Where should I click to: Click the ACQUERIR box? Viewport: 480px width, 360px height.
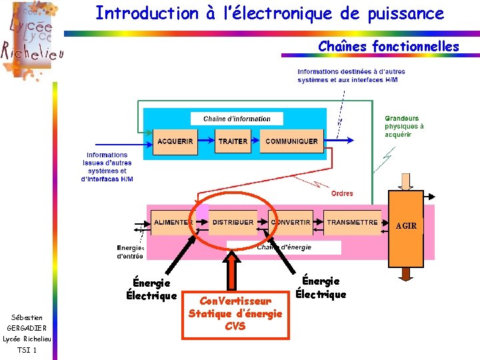[x=175, y=141]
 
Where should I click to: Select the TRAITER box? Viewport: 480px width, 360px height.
[x=233, y=141]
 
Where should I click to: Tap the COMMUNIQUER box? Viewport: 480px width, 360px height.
[x=291, y=141]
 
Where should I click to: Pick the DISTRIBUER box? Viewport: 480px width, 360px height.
[x=233, y=222]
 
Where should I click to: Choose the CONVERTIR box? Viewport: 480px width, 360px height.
[x=291, y=222]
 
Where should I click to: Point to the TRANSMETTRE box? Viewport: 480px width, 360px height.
[x=352, y=222]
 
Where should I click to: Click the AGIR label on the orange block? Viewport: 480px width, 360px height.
[x=405, y=226]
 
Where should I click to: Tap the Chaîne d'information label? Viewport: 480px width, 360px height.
[x=237, y=119]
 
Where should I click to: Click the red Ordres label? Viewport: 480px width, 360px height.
[x=342, y=193]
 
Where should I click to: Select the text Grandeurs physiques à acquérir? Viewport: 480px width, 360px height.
[x=404, y=127]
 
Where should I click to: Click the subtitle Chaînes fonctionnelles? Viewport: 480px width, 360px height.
[x=388, y=47]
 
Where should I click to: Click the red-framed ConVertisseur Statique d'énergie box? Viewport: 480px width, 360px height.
[x=235, y=313]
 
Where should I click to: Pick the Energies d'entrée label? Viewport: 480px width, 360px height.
[x=130, y=252]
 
